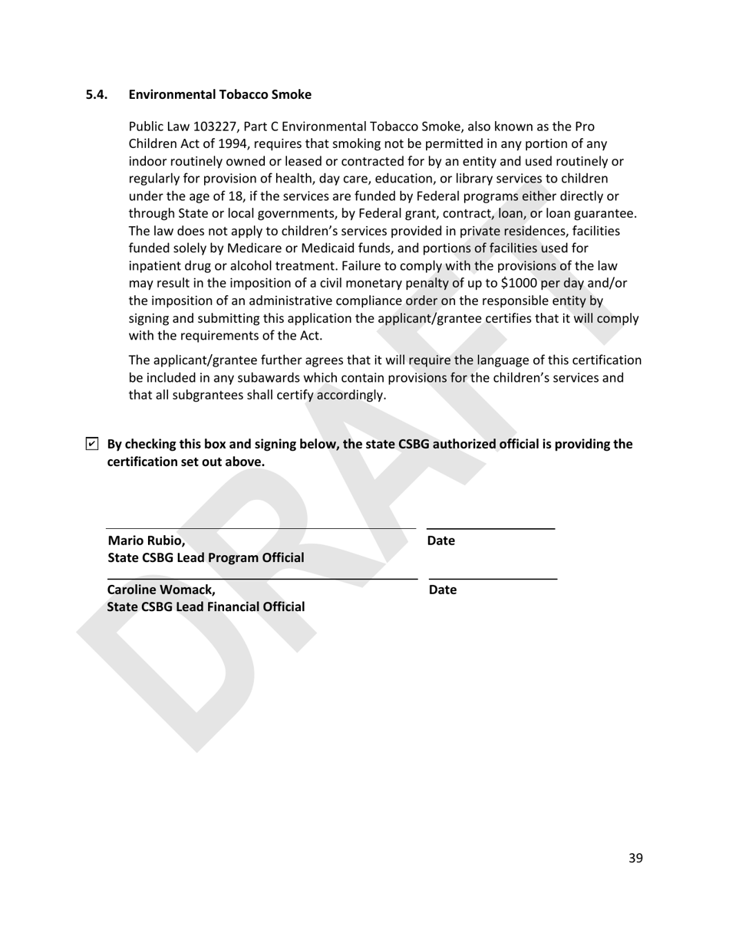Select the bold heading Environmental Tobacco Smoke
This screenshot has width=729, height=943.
(x=220, y=95)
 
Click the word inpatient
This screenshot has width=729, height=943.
(x=154, y=265)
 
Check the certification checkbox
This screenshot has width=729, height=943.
(x=92, y=444)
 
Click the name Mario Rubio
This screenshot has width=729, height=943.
(x=146, y=540)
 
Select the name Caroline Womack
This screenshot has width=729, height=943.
(x=161, y=590)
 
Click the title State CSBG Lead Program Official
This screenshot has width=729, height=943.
(x=206, y=557)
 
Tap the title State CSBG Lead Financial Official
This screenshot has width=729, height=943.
(x=206, y=606)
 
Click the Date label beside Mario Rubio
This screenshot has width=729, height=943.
(x=440, y=540)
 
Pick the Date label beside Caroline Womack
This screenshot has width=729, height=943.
(x=442, y=590)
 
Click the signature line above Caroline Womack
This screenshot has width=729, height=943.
(x=261, y=578)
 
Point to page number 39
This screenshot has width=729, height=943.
(x=635, y=858)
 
